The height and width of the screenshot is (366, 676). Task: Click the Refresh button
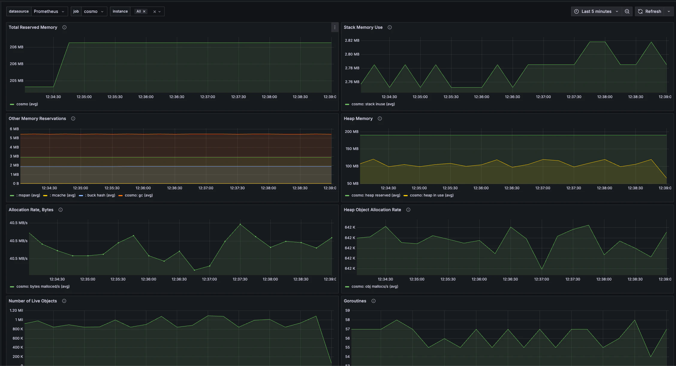pyautogui.click(x=650, y=11)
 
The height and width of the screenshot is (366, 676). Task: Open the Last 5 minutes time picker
pyautogui.click(x=596, y=11)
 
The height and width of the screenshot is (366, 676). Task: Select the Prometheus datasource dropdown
pyautogui.click(x=49, y=11)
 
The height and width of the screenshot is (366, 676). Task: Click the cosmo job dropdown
pyautogui.click(x=94, y=11)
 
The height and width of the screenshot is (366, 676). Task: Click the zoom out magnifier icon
pyautogui.click(x=627, y=11)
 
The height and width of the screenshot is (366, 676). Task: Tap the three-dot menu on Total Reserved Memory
pyautogui.click(x=335, y=27)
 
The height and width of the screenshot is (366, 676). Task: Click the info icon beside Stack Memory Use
pyautogui.click(x=390, y=27)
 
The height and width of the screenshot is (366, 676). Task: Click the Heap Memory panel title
pyautogui.click(x=358, y=118)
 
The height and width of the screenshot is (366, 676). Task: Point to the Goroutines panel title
pyautogui.click(x=355, y=301)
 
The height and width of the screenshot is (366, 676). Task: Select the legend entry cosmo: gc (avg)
pyautogui.click(x=138, y=195)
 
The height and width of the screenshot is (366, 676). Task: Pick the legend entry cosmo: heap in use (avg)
pyautogui.click(x=431, y=195)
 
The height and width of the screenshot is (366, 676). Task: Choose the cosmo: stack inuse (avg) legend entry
pyautogui.click(x=373, y=104)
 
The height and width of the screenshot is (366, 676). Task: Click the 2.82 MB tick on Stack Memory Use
pyautogui.click(x=352, y=40)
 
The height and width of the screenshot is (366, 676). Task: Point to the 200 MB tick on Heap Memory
pyautogui.click(x=351, y=132)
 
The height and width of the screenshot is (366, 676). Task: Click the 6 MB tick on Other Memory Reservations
pyautogui.click(x=14, y=129)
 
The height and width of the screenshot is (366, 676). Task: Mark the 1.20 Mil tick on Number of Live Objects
pyautogui.click(x=16, y=310)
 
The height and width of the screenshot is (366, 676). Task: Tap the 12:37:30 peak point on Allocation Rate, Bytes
pyautogui.click(x=240, y=224)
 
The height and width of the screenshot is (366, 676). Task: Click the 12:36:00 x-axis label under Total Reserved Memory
pyautogui.click(x=146, y=97)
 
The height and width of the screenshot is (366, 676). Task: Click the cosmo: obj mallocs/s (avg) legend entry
pyautogui.click(x=375, y=286)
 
